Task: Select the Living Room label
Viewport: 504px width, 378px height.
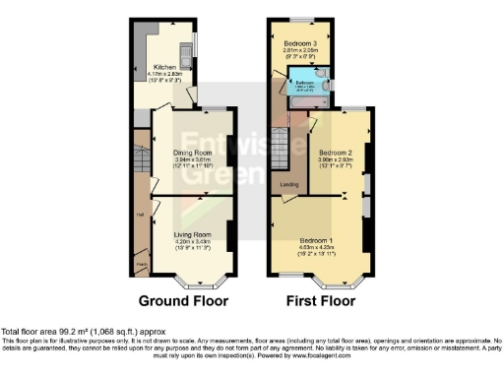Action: [195, 233]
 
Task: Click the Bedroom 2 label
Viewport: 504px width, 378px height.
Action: [335, 153]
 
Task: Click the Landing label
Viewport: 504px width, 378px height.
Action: [289, 184]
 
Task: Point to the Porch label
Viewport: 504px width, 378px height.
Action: [141, 264]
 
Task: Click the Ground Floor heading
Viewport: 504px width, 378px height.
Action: [185, 299]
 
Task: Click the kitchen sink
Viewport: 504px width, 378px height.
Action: [186, 50]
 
